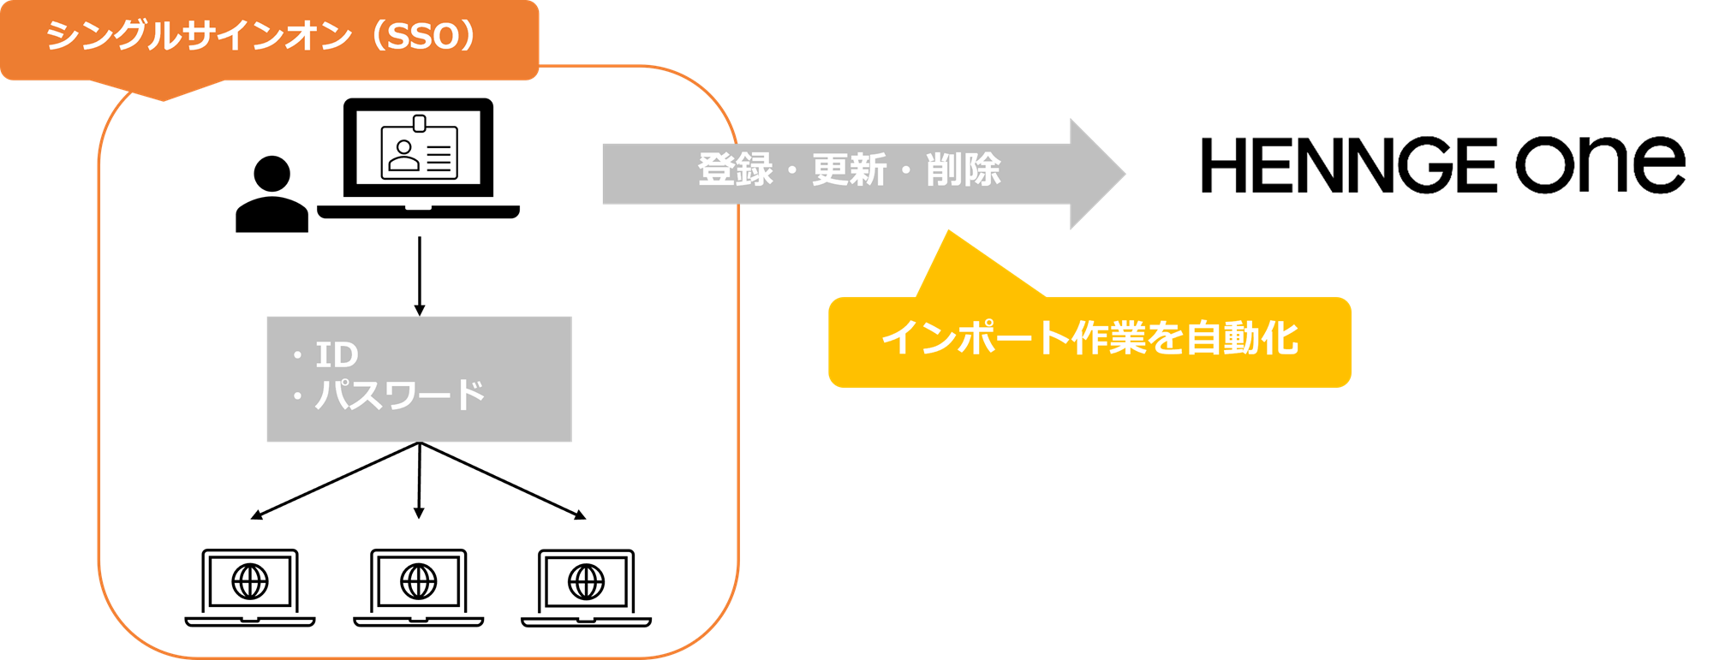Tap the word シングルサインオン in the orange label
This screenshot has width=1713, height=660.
[x=199, y=37]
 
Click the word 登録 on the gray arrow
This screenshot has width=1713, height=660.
[x=736, y=169]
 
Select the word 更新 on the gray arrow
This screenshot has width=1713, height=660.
[x=850, y=169]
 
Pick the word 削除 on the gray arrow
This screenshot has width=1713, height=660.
[x=964, y=169]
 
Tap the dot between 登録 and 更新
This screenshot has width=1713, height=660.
[x=792, y=170]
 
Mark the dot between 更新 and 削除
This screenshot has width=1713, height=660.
[x=906, y=170]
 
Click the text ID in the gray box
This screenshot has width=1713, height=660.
[x=337, y=354]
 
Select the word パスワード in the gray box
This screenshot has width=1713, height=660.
[x=400, y=395]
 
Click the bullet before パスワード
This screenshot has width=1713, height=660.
[x=298, y=396]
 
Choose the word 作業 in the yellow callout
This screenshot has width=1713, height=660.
[x=1108, y=338]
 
